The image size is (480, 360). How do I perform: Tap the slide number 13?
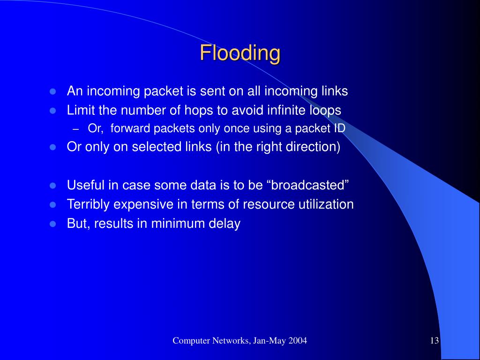(434, 341)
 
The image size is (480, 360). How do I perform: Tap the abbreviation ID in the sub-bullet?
(339, 129)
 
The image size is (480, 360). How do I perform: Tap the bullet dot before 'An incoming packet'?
(53, 91)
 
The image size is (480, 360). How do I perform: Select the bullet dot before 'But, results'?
(53, 224)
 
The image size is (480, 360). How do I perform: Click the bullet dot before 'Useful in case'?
(53, 186)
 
